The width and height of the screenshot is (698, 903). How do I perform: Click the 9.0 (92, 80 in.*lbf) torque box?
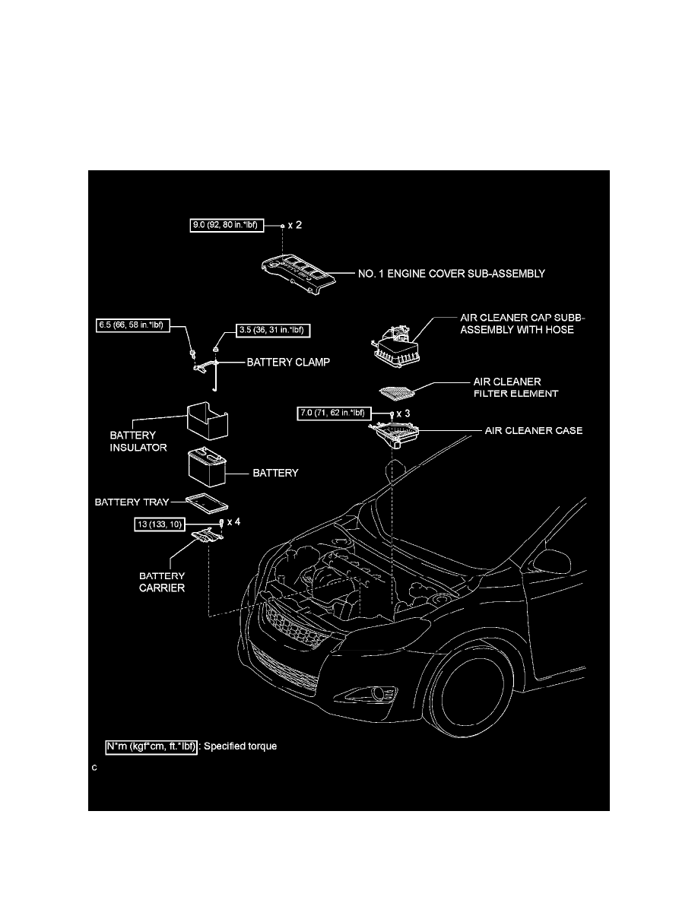click(227, 224)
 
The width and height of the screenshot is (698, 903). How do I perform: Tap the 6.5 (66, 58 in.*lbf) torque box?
click(133, 325)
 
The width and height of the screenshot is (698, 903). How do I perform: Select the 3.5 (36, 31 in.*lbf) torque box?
click(274, 330)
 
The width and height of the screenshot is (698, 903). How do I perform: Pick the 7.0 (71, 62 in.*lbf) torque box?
click(335, 413)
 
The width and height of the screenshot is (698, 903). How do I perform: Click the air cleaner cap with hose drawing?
click(397, 346)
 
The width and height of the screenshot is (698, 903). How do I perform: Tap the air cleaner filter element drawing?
click(397, 392)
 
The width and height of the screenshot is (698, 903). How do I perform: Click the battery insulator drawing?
click(208, 421)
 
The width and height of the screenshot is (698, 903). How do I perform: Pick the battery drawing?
click(208, 467)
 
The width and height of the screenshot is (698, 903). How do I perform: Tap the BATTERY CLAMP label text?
click(288, 363)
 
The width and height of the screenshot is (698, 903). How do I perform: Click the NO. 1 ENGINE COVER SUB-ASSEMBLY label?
click(452, 274)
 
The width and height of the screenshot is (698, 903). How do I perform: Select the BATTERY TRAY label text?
click(132, 502)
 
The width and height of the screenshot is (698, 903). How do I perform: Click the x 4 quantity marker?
click(234, 521)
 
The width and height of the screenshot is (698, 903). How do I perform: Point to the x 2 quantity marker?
click(295, 224)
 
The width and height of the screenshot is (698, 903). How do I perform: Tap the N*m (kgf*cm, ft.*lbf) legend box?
click(151, 747)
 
